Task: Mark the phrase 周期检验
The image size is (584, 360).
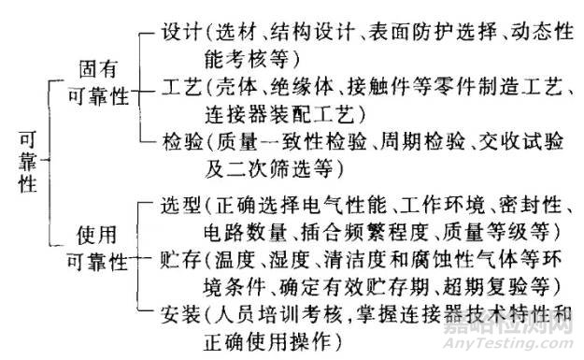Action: click(426, 144)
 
